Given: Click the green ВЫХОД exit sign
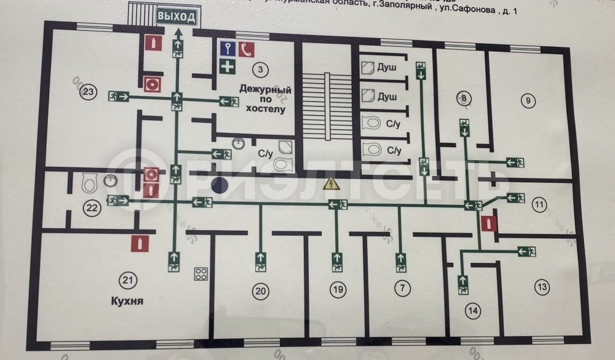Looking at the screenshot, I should click(x=176, y=17).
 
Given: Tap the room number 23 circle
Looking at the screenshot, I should click(x=89, y=93).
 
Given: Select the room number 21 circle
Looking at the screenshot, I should click(x=128, y=281).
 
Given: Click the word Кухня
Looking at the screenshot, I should click(x=128, y=302).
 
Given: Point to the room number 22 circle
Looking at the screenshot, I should click(x=92, y=208).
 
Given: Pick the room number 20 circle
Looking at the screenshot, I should click(x=261, y=292).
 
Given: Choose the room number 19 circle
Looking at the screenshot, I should click(x=336, y=289).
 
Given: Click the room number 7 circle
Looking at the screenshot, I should click(x=402, y=287).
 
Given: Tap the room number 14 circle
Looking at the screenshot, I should click(x=472, y=311).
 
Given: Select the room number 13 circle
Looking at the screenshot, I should click(x=542, y=287).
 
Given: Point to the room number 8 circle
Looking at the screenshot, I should click(x=464, y=98).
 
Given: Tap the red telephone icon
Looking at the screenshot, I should click(x=247, y=50).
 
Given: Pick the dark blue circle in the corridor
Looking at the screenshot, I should click(x=220, y=184).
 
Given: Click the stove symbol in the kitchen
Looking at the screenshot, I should click(x=200, y=274).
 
